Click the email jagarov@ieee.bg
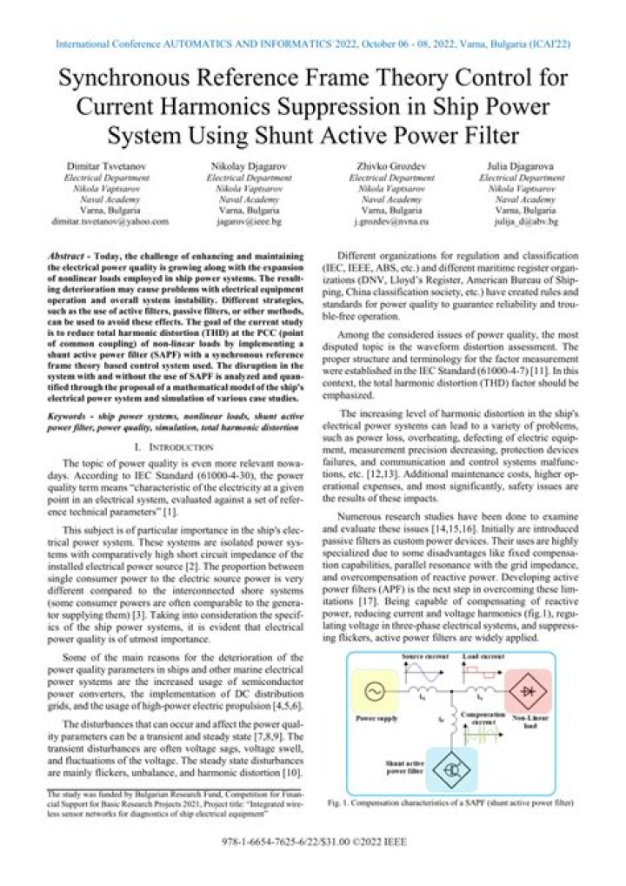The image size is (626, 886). point(248,222)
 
